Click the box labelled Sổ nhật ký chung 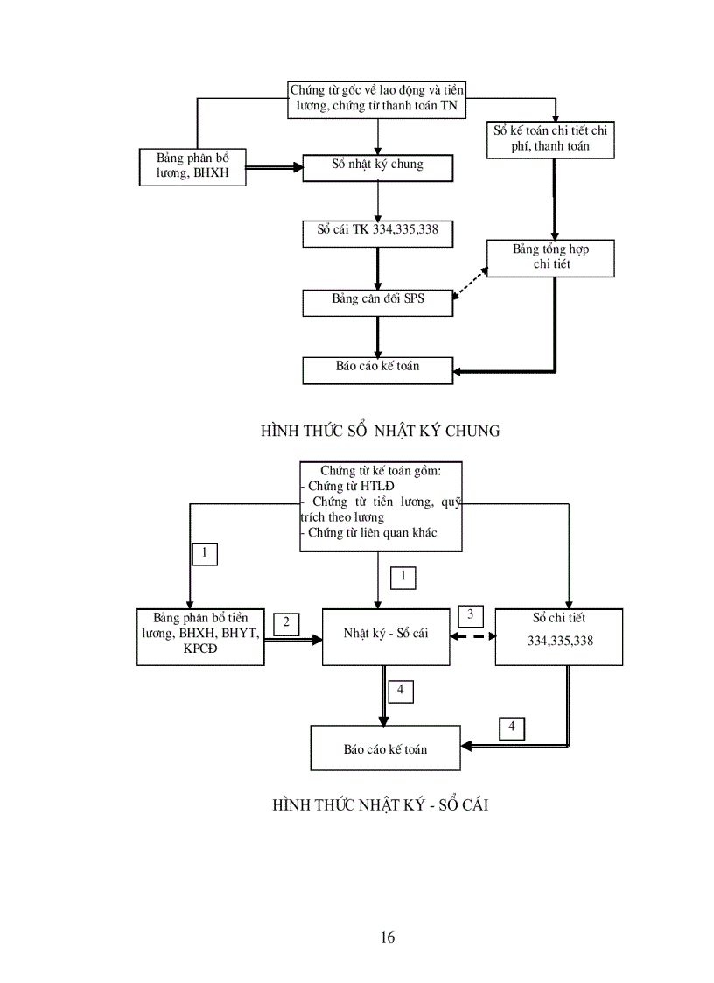(377, 168)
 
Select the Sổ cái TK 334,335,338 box (377, 234)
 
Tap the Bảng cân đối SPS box (377, 302)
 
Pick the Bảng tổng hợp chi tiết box (550, 258)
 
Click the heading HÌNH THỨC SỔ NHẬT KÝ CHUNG (380, 431)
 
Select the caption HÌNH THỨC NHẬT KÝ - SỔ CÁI (380, 804)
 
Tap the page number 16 (388, 937)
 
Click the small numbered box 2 (286, 623)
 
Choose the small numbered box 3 (470, 614)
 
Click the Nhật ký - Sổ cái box (386, 635)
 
